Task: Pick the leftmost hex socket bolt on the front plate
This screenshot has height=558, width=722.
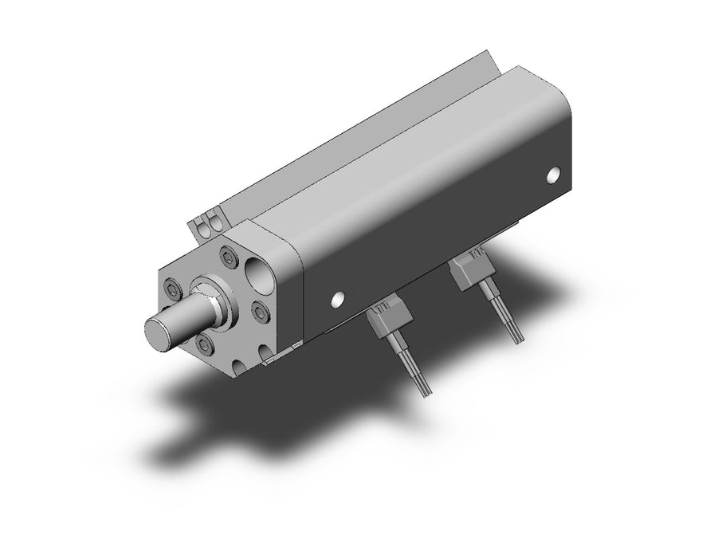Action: click(x=175, y=289)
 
